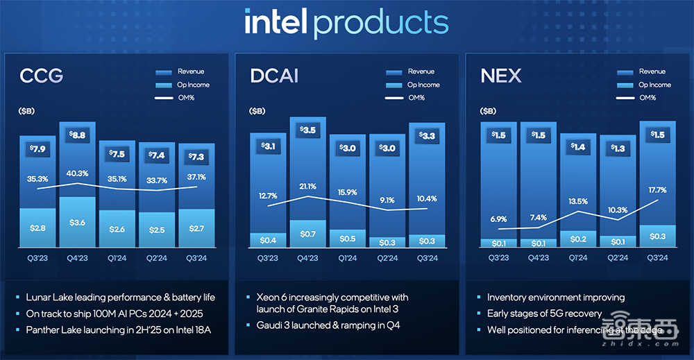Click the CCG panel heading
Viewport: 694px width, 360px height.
click(41, 75)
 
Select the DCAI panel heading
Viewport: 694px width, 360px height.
click(274, 75)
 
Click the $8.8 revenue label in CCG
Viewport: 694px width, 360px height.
click(77, 136)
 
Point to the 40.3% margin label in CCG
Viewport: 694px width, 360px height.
click(77, 173)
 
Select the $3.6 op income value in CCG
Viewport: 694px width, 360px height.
click(77, 223)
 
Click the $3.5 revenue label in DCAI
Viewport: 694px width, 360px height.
click(308, 130)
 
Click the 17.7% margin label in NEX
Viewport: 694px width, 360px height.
click(658, 190)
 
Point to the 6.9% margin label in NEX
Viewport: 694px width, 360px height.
click(499, 219)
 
